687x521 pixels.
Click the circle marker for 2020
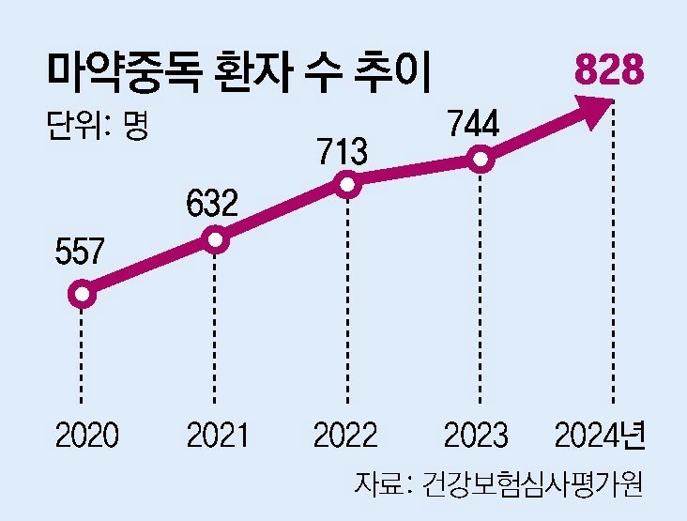click(83, 295)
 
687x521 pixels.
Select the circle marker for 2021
click(216, 240)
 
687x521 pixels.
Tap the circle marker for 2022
click(348, 185)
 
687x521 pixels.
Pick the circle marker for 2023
click(481, 160)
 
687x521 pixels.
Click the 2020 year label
click(86, 436)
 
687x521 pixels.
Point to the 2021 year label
click(217, 436)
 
